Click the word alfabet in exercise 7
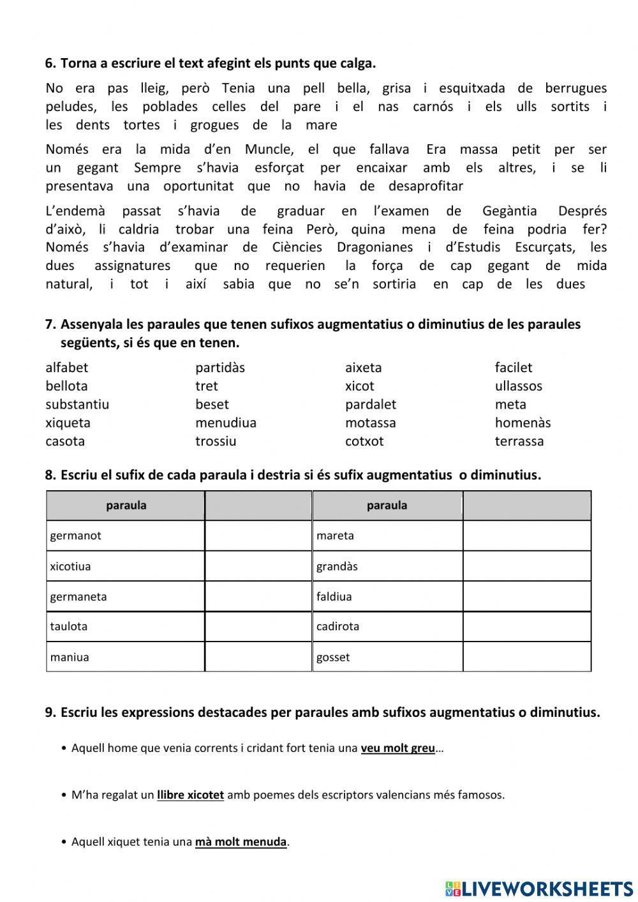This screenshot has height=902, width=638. pos(66,368)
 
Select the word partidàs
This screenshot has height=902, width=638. pos(219,368)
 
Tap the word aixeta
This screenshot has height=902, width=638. pos(363,368)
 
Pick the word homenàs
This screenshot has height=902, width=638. pos(522,423)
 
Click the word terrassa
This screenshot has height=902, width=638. pos(519,441)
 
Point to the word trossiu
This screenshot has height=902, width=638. pos(215,441)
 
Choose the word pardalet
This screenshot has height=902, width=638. pos(370,404)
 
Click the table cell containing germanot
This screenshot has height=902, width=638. pos(125,536)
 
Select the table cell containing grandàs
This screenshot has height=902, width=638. pos(387,566)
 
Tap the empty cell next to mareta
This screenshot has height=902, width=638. pos(527,536)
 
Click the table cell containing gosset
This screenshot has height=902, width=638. pos(387,657)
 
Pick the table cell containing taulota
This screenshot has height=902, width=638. pos(125,626)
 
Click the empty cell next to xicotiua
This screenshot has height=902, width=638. pos(258,566)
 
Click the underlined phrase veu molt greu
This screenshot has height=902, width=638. pos(397,748)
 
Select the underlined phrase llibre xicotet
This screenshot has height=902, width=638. pos(190,795)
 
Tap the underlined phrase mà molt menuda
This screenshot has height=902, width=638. pos(241,841)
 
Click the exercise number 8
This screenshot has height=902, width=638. pos(50,475)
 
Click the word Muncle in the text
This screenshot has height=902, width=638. pos(268,149)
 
